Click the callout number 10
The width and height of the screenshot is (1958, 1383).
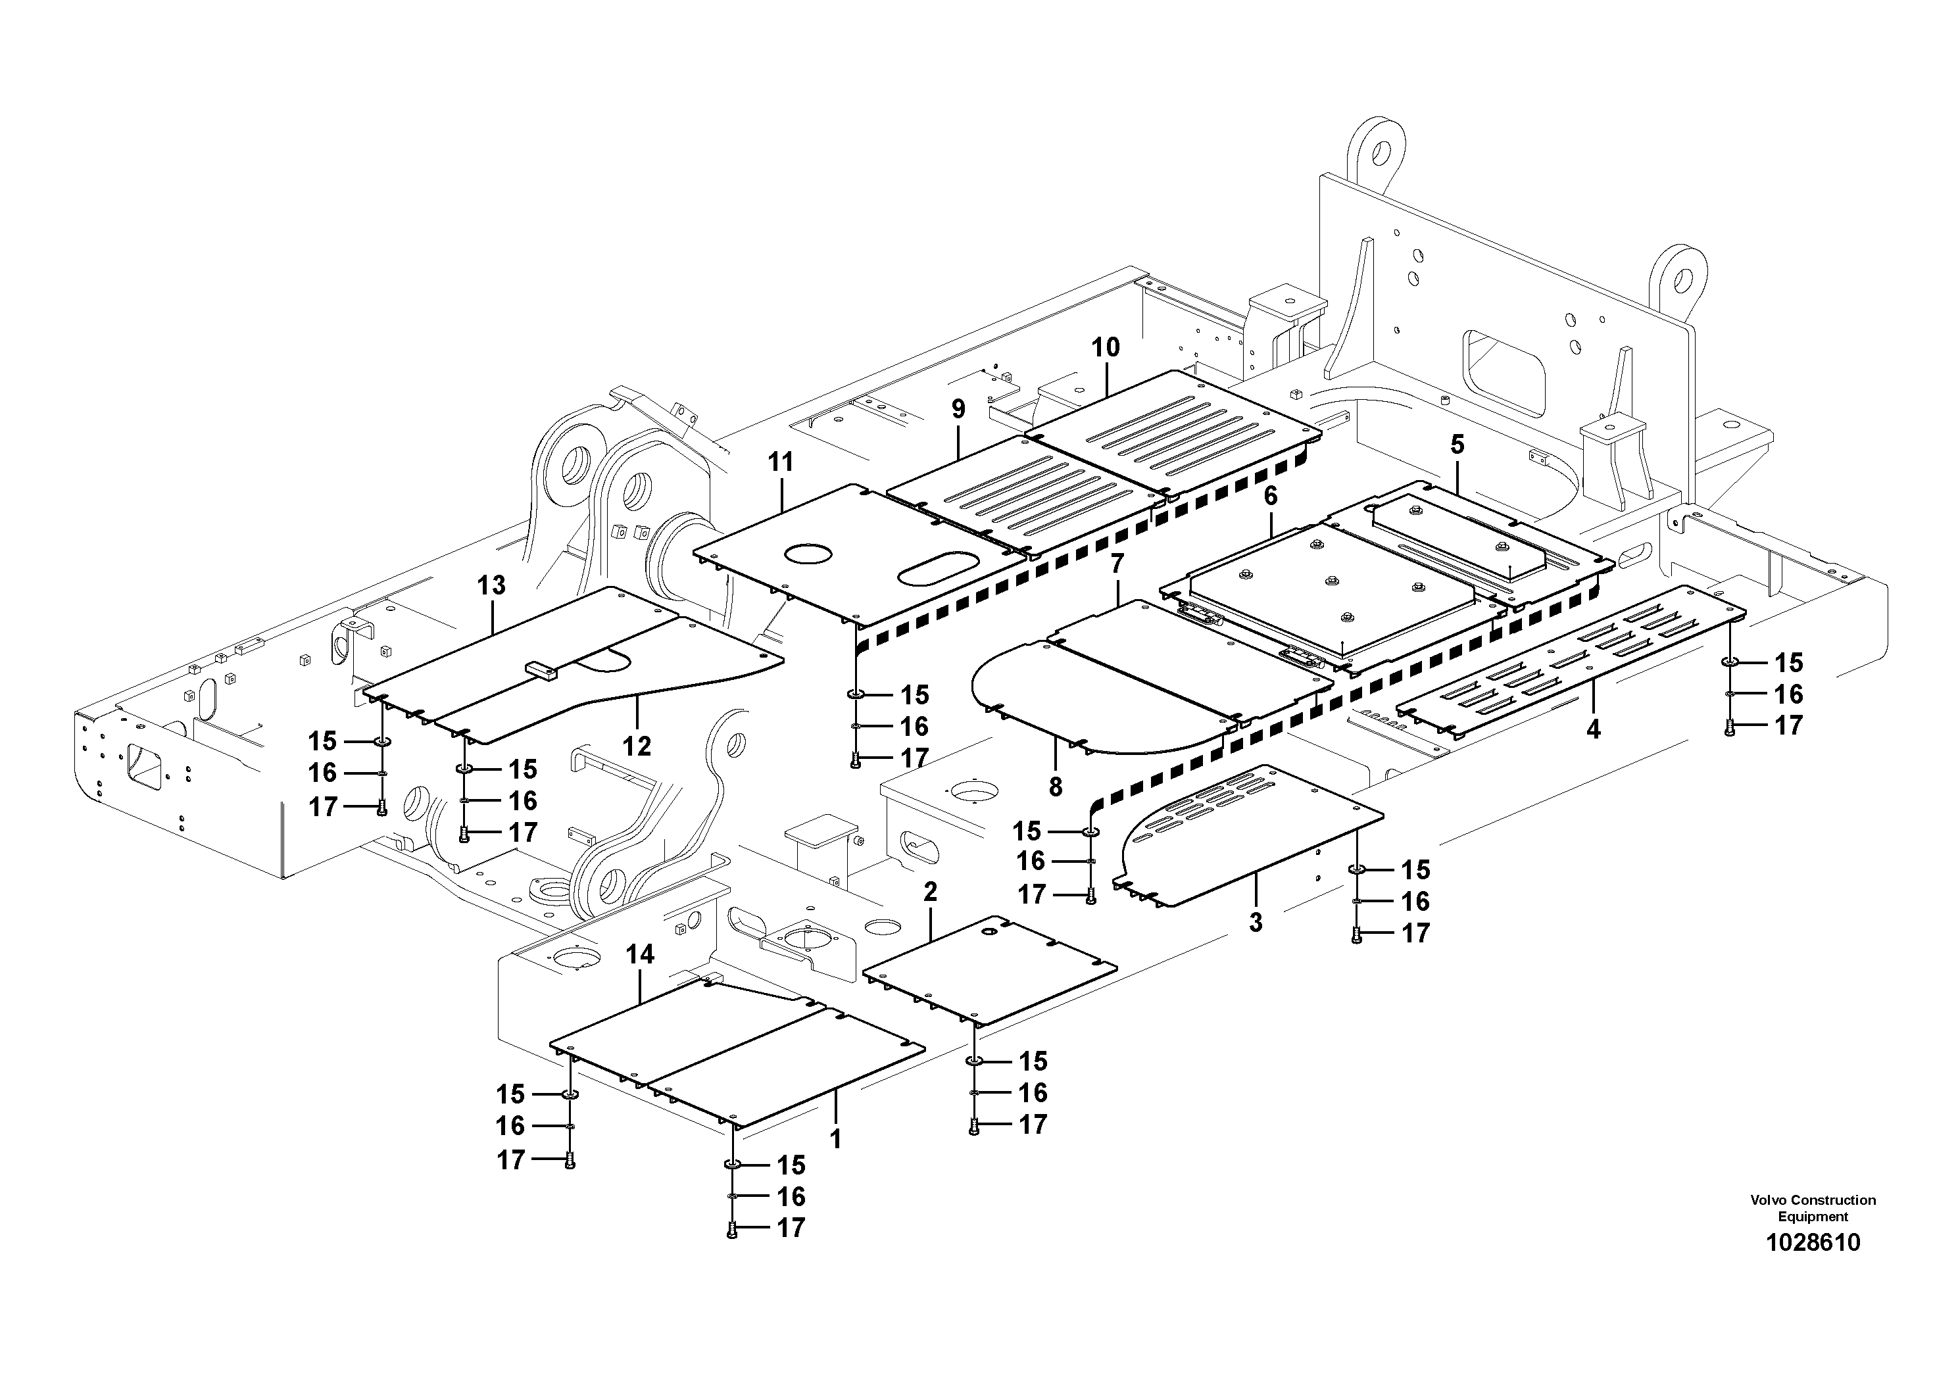tap(1105, 348)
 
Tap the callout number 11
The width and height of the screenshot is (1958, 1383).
tap(780, 462)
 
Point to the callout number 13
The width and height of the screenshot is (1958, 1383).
tap(491, 586)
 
